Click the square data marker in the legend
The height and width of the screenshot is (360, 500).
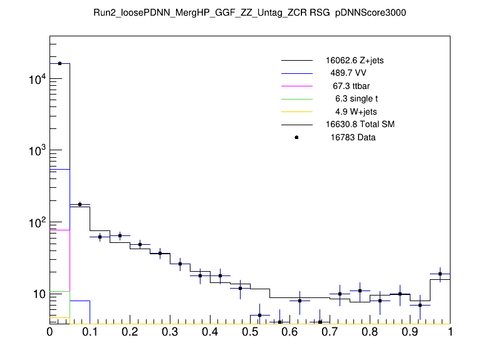tap(296, 137)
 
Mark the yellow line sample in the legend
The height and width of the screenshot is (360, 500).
tap(296, 111)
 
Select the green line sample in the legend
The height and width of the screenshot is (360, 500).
tap(296, 98)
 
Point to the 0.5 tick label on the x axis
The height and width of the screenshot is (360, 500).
tap(250, 332)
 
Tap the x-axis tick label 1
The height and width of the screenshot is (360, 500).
tap(450, 332)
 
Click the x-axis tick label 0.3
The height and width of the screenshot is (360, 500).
tap(170, 332)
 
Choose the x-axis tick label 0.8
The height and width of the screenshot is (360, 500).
tap(370, 332)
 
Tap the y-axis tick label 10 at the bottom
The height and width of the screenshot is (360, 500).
tap(38, 294)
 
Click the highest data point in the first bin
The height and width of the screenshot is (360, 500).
tap(60, 63)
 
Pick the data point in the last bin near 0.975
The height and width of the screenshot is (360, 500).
tap(440, 274)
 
